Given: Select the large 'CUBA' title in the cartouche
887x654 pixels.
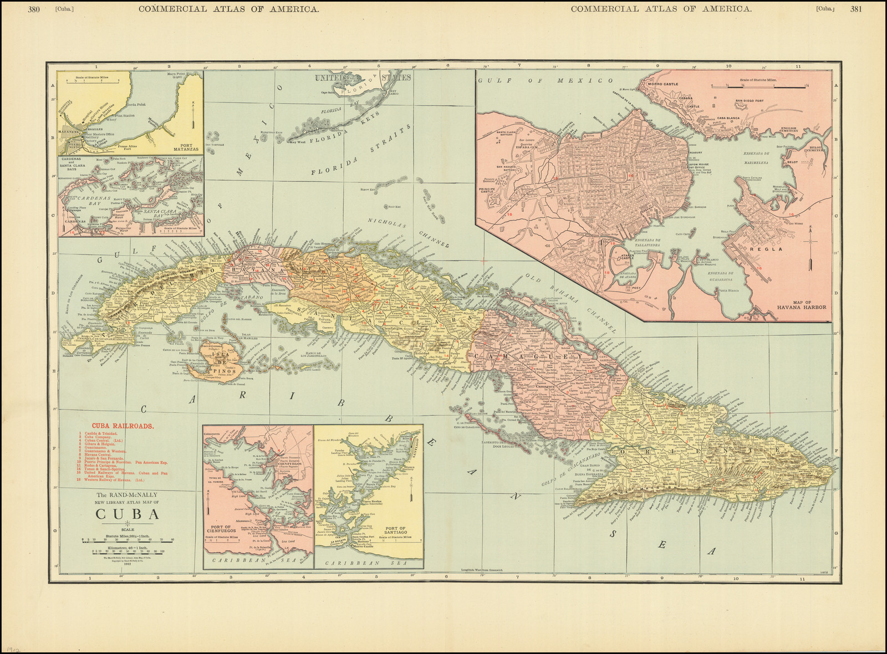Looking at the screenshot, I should pyautogui.click(x=128, y=514).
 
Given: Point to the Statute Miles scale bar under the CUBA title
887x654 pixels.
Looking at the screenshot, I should pyautogui.click(x=128, y=539).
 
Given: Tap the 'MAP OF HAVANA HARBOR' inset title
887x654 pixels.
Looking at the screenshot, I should pyautogui.click(x=802, y=304).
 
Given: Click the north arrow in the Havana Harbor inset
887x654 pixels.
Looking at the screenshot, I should pyautogui.click(x=810, y=247).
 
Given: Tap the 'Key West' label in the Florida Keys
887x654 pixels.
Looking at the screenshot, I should pyautogui.click(x=298, y=142).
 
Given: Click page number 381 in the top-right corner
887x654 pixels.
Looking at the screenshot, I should pyautogui.click(x=856, y=9).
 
